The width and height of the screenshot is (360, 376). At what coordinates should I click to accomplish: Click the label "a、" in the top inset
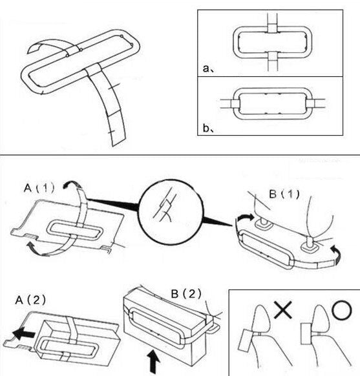[208, 68]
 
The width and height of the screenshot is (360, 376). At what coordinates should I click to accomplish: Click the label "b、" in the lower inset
[208, 129]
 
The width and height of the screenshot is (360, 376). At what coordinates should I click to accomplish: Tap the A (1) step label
[39, 188]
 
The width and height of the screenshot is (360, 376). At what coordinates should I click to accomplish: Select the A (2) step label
[30, 300]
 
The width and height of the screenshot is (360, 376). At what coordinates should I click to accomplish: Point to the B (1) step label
[284, 194]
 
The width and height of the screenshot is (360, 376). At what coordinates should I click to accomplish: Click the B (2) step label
[186, 293]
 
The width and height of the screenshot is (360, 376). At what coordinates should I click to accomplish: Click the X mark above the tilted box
[283, 309]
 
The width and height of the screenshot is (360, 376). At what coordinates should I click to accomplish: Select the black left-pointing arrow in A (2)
[24, 333]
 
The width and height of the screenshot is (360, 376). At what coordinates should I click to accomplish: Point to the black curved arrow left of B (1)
[245, 218]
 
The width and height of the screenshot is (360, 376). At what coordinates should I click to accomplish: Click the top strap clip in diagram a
[273, 28]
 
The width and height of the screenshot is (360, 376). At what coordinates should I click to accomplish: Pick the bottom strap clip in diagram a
[273, 56]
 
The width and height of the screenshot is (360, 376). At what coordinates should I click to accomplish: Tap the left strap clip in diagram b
[235, 104]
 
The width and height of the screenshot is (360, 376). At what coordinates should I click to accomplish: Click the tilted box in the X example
[246, 340]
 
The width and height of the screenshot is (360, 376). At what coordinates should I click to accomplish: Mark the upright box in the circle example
[306, 334]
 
